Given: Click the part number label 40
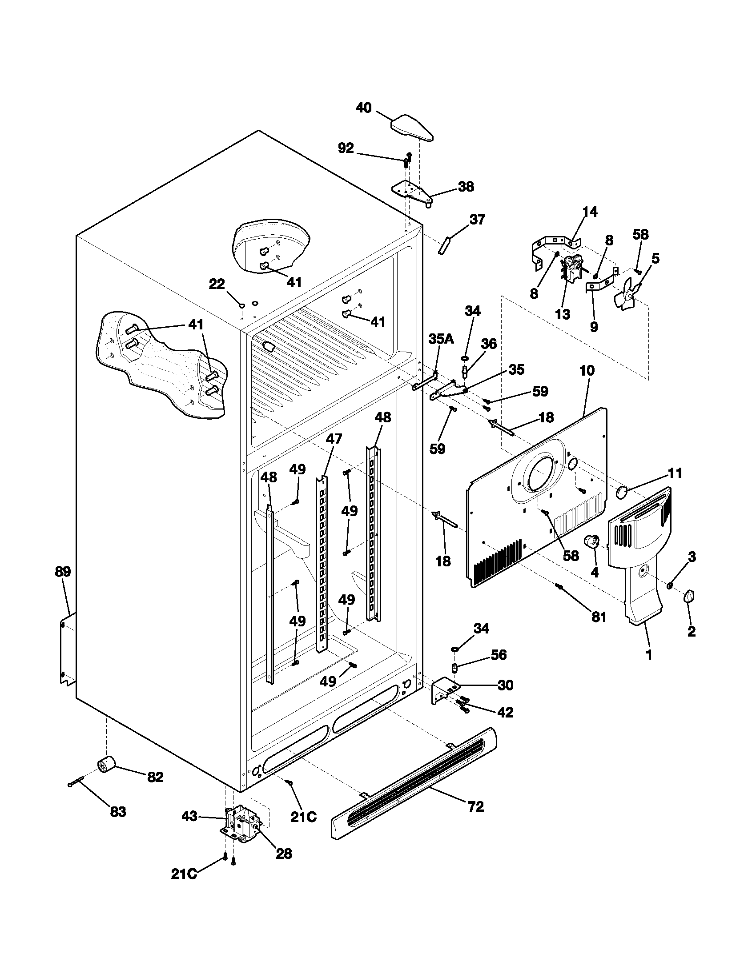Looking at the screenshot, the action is coord(364,108).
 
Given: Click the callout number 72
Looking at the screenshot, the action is coord(476,806).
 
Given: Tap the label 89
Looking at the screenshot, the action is coord(63,572).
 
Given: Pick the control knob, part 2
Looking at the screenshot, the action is coord(689,597).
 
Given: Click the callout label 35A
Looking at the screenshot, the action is coord(441,339).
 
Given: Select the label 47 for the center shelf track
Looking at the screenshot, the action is coord(334,438).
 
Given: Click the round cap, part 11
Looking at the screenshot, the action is coord(623,492).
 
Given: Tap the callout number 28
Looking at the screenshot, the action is coord(284,854).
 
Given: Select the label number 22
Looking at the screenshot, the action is coord(217,284).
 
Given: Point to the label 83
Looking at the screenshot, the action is coord(118,811).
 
